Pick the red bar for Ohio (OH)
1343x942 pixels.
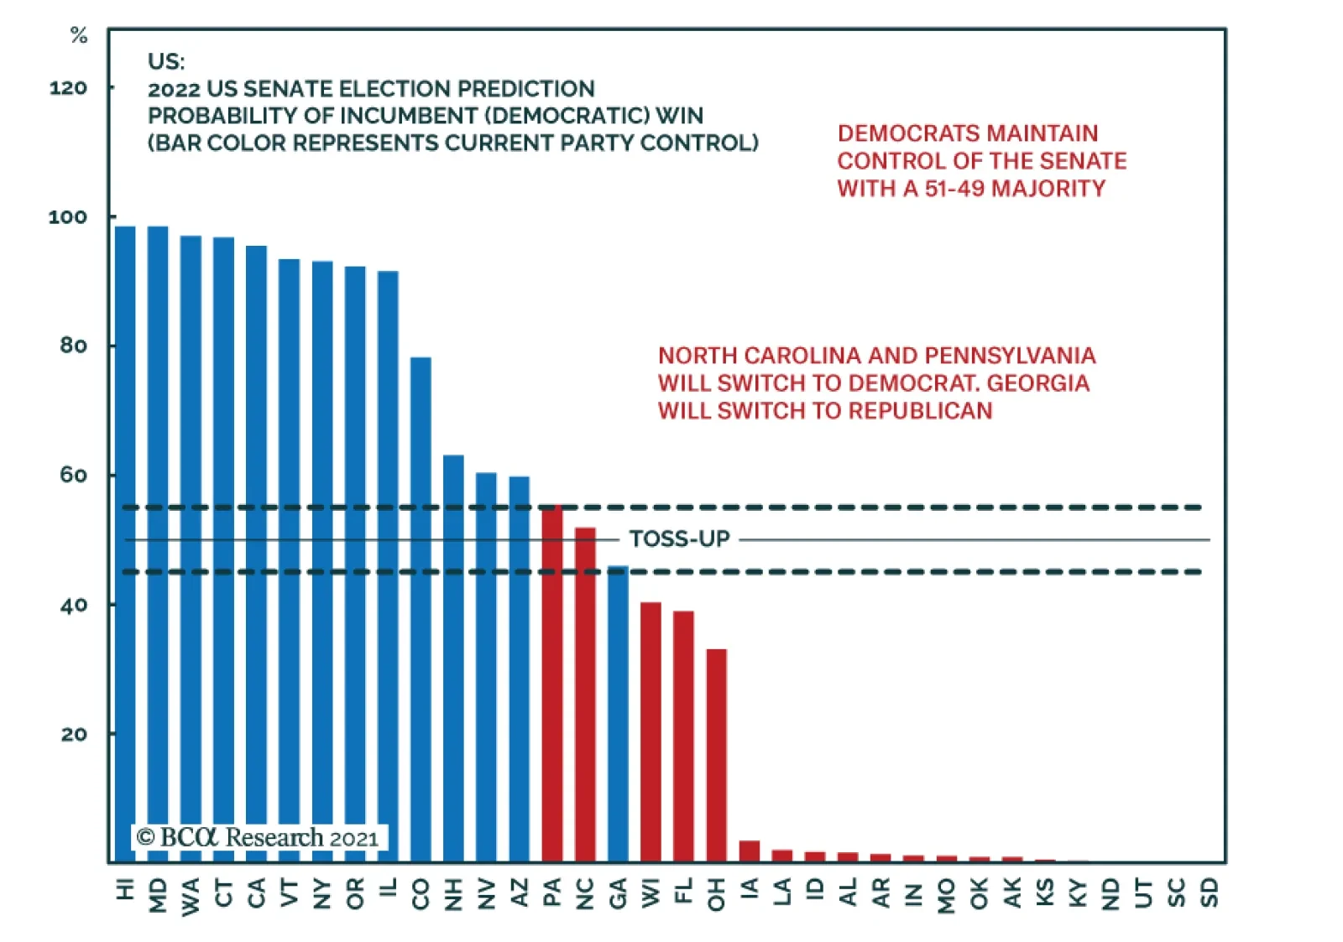(x=717, y=755)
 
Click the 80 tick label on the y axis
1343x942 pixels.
(x=74, y=346)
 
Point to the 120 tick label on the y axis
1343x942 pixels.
(x=68, y=87)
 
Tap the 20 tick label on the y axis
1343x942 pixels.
(x=74, y=734)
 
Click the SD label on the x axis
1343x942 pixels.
(x=1210, y=893)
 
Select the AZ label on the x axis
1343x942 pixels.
(x=520, y=893)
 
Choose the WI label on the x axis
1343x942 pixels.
(x=651, y=893)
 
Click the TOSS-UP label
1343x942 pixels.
(x=680, y=539)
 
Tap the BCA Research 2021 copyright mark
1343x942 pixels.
(x=259, y=837)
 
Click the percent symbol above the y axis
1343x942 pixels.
(x=79, y=35)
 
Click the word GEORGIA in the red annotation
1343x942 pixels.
(x=1038, y=383)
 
